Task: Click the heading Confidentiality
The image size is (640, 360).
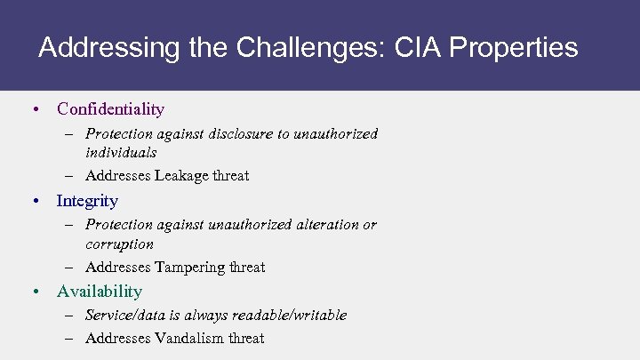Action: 110,109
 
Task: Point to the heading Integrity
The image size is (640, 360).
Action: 87,201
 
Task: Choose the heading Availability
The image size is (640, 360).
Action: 99,292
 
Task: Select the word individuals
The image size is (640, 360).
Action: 121,152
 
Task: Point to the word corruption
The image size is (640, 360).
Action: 119,244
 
